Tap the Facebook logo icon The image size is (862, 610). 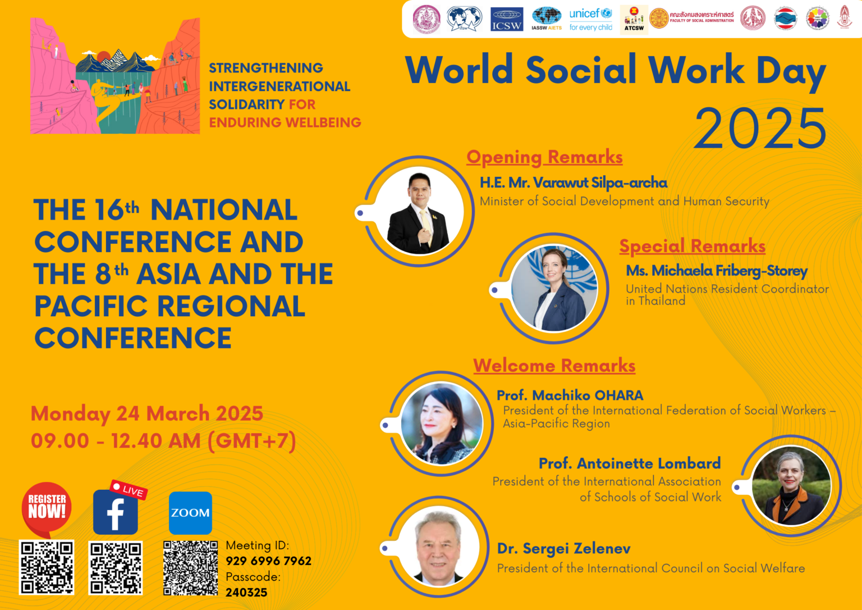(x=116, y=512)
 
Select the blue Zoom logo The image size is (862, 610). (x=190, y=513)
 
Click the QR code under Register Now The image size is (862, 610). (x=47, y=567)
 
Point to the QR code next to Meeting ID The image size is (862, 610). (x=190, y=567)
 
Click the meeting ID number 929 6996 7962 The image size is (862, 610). (x=268, y=561)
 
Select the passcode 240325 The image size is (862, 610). (x=246, y=592)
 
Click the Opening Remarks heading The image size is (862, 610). (x=544, y=157)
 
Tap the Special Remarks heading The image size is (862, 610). (x=692, y=246)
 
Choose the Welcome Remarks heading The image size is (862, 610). (x=554, y=366)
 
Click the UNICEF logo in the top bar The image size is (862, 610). (x=590, y=19)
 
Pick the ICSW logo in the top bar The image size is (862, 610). (x=507, y=19)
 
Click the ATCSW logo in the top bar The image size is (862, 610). (x=634, y=20)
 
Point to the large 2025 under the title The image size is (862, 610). (x=760, y=129)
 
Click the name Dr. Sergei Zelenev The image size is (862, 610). (x=563, y=548)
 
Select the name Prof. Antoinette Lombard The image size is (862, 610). (x=629, y=463)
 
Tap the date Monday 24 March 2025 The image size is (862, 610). (x=147, y=413)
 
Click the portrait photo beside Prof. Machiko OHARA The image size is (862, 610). (x=442, y=424)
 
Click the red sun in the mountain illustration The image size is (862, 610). (x=104, y=56)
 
